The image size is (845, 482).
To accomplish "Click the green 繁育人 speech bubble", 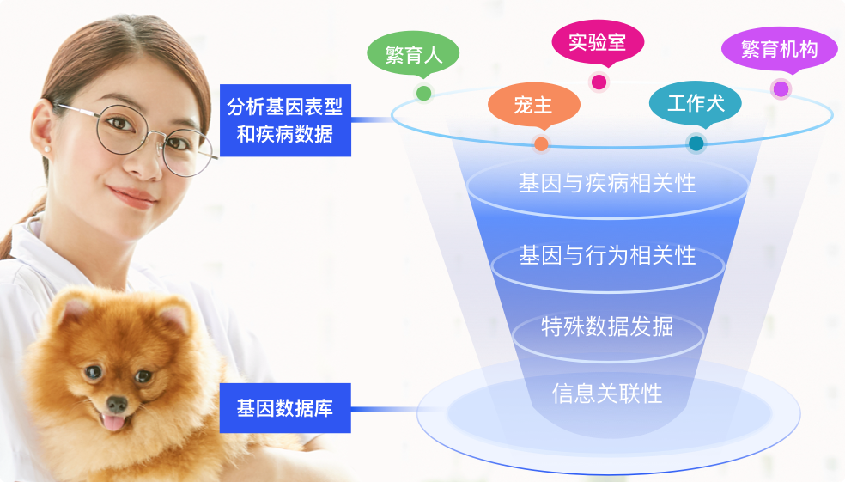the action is [413, 54].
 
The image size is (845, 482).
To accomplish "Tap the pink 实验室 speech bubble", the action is [598, 42].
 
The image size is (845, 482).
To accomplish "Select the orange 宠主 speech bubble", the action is [533, 105].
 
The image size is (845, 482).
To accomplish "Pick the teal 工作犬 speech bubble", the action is [696, 103].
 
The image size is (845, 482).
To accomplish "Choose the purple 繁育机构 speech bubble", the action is [779, 49].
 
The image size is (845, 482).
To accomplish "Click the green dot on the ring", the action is [423, 94].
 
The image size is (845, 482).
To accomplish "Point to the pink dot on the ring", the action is [599, 82].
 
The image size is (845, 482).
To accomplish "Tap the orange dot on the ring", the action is [541, 144].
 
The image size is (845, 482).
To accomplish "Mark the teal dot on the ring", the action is [696, 143].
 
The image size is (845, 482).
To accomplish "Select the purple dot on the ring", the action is [781, 88].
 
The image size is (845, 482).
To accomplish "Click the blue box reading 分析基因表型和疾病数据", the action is [285, 120].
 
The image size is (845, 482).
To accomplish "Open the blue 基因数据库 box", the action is [285, 408].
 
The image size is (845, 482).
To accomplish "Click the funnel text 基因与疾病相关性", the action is [607, 183].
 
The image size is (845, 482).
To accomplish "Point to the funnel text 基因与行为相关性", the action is [607, 255].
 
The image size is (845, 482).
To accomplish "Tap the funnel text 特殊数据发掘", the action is [607, 326].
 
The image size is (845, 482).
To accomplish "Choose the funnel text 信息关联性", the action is [607, 394].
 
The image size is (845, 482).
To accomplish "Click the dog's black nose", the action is [117, 404].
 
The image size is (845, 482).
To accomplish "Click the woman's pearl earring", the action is [47, 149].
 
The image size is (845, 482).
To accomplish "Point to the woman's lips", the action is [132, 197].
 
